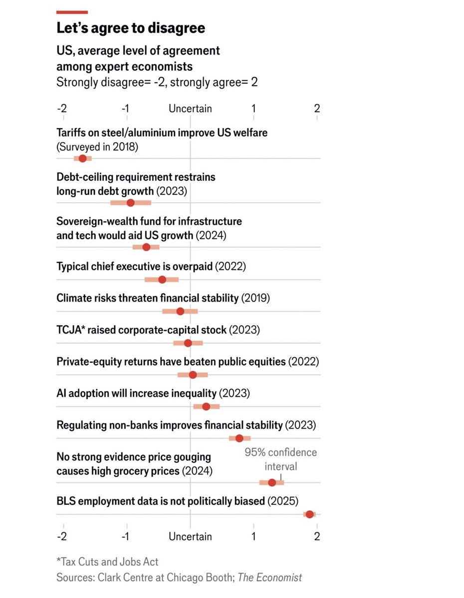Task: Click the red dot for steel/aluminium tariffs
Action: (82, 158)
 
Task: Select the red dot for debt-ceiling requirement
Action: (130, 202)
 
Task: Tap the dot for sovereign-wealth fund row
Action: (146, 247)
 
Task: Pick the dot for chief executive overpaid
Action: (162, 279)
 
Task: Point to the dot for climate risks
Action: (180, 311)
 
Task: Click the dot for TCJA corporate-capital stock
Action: (188, 343)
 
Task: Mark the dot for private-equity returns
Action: (193, 375)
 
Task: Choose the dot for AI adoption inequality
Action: (206, 407)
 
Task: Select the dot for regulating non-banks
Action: (239, 439)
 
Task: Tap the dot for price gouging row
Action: (272, 482)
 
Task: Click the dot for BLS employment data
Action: (309, 514)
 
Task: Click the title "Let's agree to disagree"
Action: (131, 28)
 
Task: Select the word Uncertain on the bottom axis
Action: (190, 537)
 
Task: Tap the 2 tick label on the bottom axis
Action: (317, 537)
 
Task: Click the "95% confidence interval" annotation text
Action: (280, 459)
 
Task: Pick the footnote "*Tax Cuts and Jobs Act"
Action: (107, 562)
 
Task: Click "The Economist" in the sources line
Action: (269, 578)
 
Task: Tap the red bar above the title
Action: (72, 12)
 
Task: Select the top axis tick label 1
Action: (253, 109)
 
